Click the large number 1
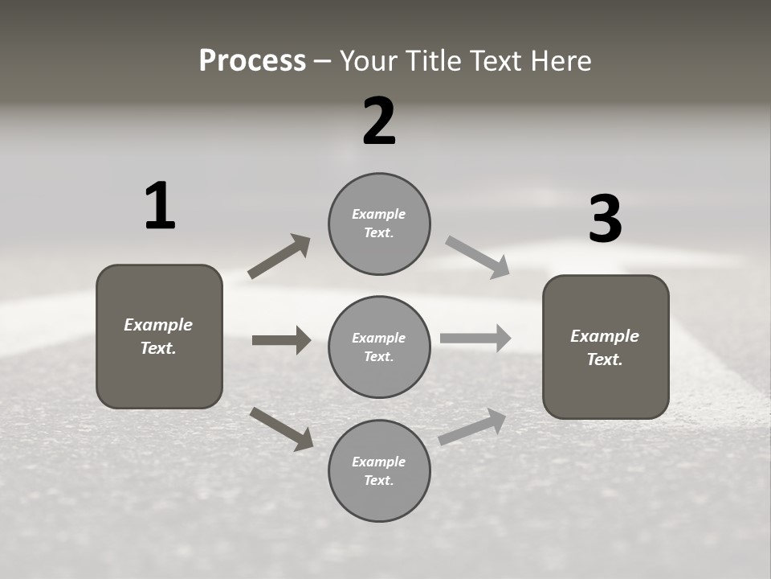(x=160, y=207)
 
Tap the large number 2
(x=379, y=121)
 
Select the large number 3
(x=605, y=219)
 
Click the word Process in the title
(x=252, y=60)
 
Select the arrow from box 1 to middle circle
(x=281, y=340)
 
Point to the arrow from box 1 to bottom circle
(x=281, y=429)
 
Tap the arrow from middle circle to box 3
(x=475, y=338)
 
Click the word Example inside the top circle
(x=379, y=214)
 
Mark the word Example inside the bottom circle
(x=379, y=462)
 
